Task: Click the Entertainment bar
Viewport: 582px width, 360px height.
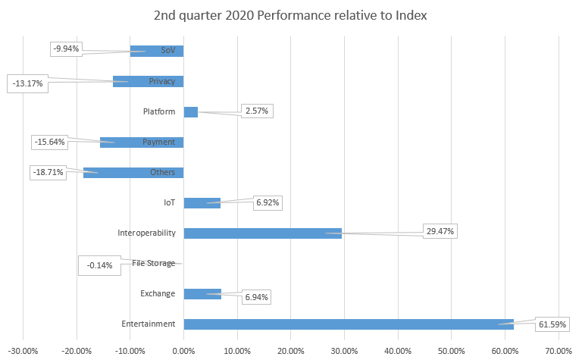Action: (348, 324)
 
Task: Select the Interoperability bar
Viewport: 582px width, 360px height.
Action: (262, 233)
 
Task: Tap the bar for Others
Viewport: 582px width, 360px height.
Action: (133, 172)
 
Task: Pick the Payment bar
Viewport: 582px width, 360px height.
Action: (142, 142)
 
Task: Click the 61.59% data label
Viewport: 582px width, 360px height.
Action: (552, 324)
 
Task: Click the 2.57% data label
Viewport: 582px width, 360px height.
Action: (256, 111)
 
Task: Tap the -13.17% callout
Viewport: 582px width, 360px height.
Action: (28, 83)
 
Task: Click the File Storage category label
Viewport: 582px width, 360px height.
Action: (154, 263)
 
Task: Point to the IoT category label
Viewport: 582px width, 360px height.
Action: (170, 202)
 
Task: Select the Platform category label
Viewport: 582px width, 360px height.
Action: (159, 111)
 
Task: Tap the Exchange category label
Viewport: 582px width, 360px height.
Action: (158, 293)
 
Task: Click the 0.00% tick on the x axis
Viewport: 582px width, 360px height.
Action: (183, 350)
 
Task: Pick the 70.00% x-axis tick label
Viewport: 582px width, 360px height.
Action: (558, 350)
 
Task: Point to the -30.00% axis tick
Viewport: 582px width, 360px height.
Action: (23, 350)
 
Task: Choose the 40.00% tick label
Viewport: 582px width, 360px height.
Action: (398, 350)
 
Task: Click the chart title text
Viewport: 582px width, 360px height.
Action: (290, 15)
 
